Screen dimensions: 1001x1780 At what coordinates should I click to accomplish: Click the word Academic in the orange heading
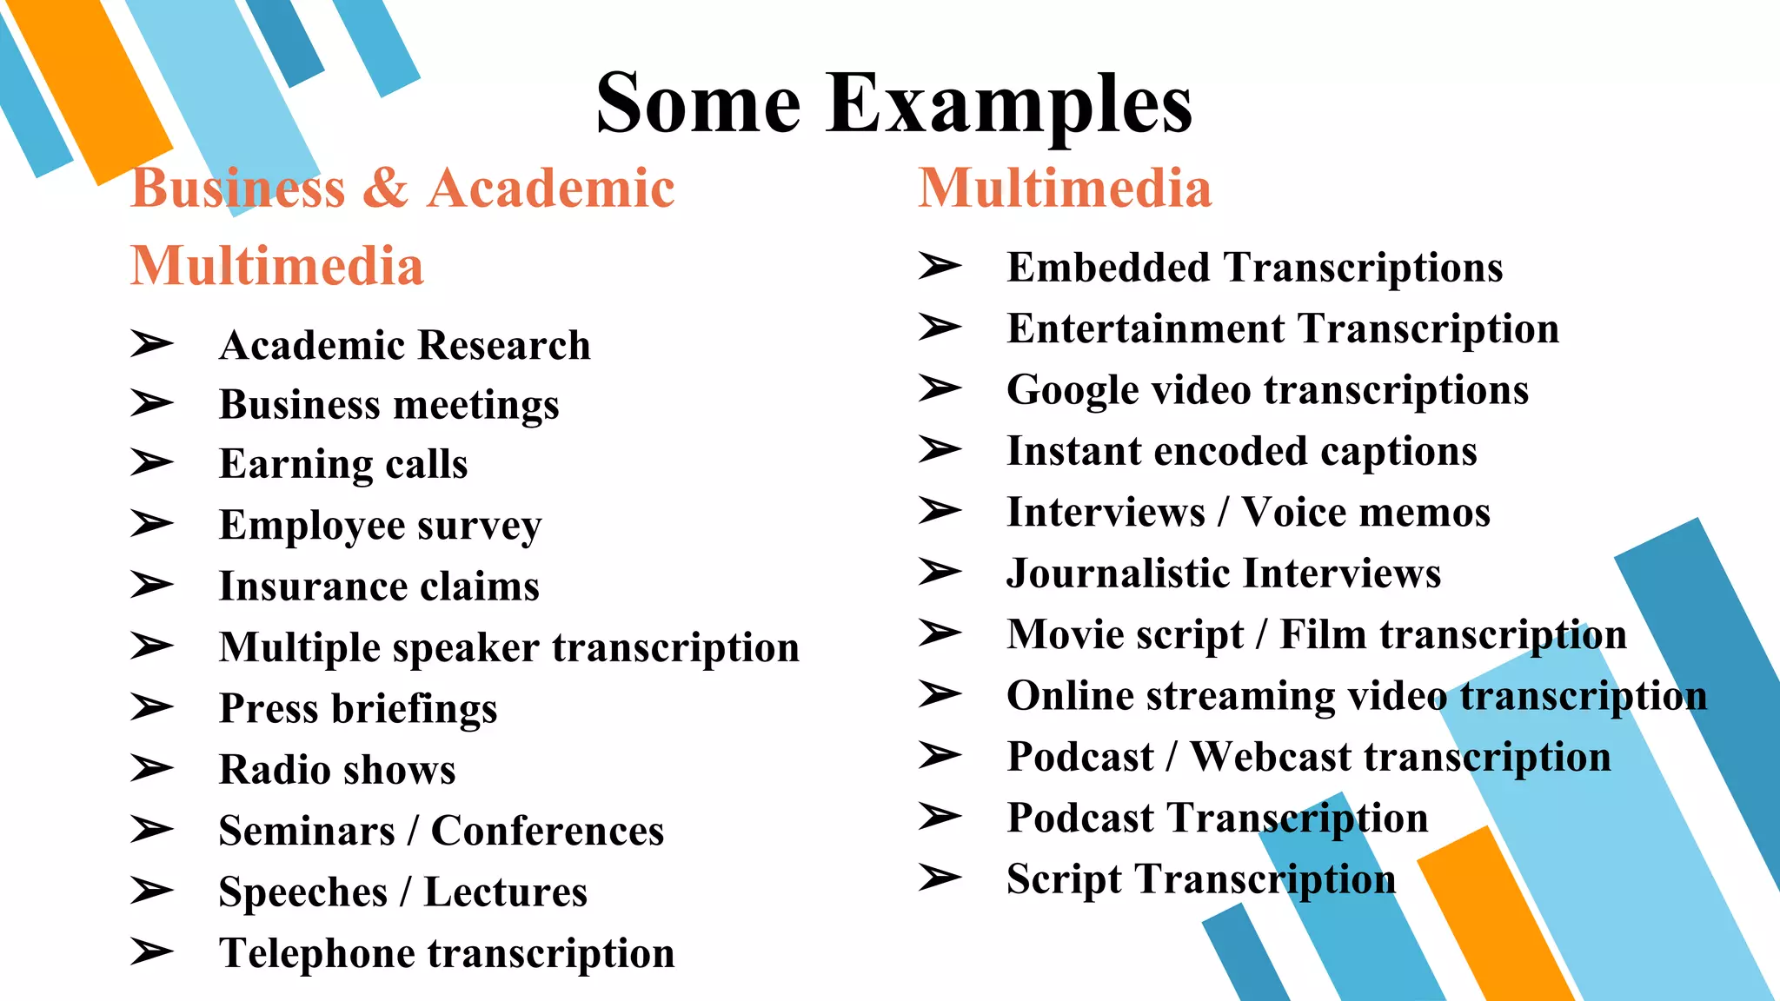551,188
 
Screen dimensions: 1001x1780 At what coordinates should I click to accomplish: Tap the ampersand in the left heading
385,188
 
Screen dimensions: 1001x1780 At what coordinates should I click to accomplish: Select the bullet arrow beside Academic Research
152,344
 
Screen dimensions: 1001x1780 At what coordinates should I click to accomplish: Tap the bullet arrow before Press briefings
152,707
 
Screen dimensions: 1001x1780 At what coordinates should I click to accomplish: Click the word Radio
264,770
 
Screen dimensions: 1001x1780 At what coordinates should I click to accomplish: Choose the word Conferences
548,831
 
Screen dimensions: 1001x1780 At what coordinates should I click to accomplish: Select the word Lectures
506,892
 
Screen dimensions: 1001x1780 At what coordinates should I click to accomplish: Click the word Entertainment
1146,328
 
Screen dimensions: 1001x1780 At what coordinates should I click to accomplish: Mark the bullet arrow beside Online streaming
940,694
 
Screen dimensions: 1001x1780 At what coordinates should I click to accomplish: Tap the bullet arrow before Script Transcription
940,878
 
